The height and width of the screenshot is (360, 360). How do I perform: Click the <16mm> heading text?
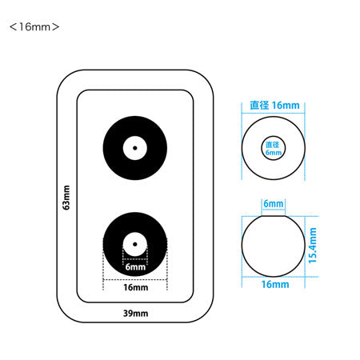pos(34,27)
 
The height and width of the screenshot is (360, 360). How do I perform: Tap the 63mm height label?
pos(66,198)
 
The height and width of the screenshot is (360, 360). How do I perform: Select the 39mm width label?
pos(135,313)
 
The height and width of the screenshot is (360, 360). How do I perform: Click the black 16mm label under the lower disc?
pos(135,287)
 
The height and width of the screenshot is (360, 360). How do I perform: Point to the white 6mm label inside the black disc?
pos(135,266)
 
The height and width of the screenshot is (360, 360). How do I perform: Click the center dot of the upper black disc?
pos(135,148)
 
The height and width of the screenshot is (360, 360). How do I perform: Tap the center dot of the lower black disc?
pos(135,244)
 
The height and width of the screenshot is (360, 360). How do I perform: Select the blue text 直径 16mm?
pos(274,106)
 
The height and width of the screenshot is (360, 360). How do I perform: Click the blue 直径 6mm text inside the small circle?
pos(273,149)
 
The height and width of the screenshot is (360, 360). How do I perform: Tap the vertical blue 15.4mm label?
pos(313,246)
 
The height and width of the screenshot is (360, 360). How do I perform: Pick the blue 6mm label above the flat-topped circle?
pos(274,204)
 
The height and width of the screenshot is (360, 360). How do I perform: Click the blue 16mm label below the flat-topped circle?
pos(275,284)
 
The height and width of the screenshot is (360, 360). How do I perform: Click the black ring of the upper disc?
pos(112,148)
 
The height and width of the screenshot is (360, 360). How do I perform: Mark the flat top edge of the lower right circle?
pos(274,216)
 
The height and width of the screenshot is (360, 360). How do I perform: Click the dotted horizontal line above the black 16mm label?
pos(135,280)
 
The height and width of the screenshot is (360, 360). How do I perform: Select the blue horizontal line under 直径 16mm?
pos(273,114)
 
